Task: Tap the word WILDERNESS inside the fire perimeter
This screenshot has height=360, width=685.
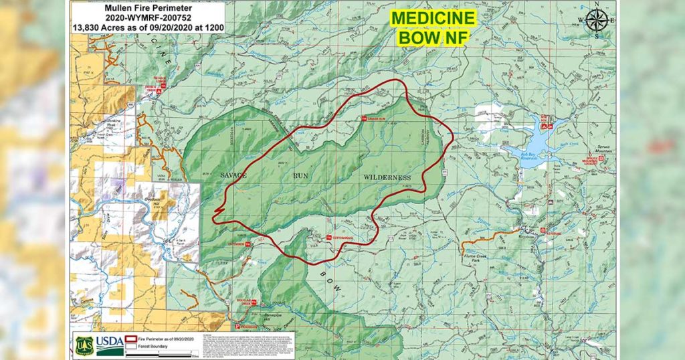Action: (387, 177)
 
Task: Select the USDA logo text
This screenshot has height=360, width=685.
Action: (110, 343)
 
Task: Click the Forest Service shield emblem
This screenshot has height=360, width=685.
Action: (84, 343)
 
